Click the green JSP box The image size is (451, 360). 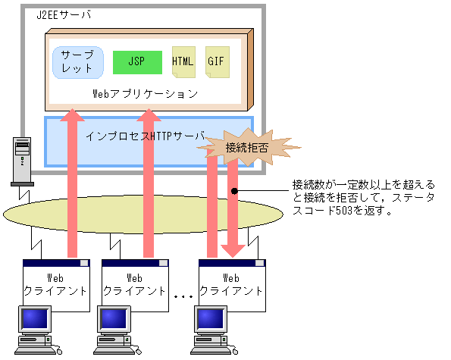[137, 62]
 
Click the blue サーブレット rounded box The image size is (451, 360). [77, 62]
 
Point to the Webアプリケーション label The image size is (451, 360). [145, 94]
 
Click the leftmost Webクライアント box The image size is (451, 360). [57, 285]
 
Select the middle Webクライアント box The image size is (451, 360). [135, 285]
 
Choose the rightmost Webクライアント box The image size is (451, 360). [232, 285]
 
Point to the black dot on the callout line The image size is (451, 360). [235, 190]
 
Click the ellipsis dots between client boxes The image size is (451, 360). [183, 297]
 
